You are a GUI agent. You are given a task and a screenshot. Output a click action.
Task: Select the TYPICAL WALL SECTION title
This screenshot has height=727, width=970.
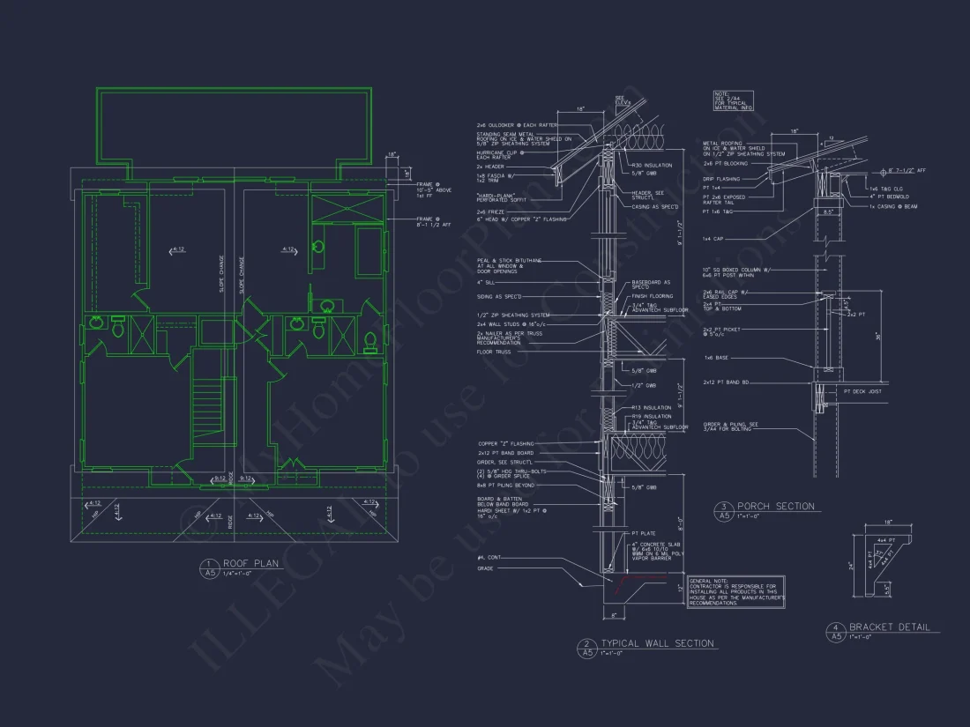[657, 643]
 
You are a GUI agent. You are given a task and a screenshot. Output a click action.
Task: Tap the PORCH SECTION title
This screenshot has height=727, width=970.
[775, 506]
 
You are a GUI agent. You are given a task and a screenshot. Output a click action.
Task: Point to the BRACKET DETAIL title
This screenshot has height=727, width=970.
[889, 627]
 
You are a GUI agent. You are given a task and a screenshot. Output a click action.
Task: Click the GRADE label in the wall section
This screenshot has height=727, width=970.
[485, 568]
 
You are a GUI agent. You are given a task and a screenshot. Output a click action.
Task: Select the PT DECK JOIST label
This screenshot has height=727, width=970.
[863, 391]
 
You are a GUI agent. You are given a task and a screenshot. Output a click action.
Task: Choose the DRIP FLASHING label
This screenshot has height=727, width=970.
[720, 179]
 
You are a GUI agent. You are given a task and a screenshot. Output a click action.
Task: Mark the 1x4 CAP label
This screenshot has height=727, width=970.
[712, 239]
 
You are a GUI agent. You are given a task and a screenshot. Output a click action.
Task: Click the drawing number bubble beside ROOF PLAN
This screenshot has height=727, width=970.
[209, 568]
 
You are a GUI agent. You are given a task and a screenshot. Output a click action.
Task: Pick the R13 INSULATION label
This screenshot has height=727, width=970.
[651, 408]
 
